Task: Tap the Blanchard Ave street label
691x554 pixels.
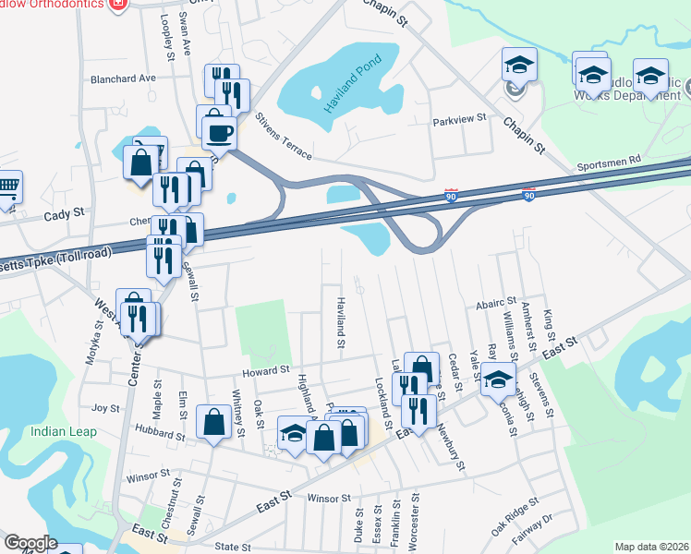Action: click(x=123, y=78)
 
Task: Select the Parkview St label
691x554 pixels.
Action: click(x=459, y=122)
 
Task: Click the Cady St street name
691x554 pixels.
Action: click(x=65, y=213)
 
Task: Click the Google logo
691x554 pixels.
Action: click(x=30, y=543)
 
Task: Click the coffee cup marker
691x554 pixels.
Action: click(x=220, y=131)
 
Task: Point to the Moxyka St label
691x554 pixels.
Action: click(x=92, y=342)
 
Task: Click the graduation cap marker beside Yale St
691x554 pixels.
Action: click(x=498, y=379)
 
